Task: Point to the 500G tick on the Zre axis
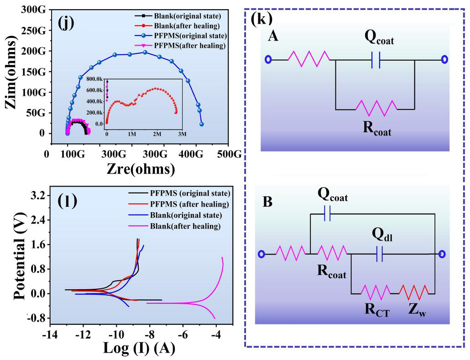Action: [x=229, y=155]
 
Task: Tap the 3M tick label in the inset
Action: [x=182, y=135]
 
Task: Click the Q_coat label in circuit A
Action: [x=379, y=40]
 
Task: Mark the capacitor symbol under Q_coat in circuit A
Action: [x=376, y=60]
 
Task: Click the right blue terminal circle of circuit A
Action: [x=444, y=59]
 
